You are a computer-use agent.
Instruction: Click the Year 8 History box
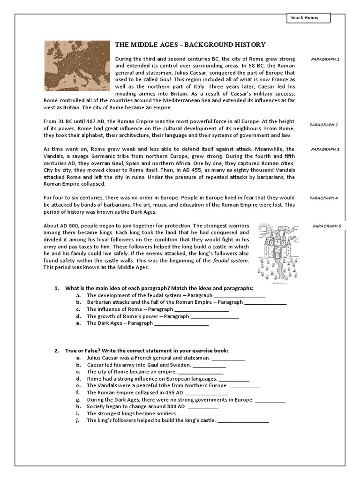[x=308, y=18]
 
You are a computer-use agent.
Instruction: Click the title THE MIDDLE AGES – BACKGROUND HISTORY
[x=190, y=45]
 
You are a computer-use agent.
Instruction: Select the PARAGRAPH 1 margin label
[x=325, y=60]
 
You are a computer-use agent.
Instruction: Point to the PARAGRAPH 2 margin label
[x=323, y=125]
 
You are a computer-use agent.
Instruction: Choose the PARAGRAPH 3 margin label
[x=325, y=150]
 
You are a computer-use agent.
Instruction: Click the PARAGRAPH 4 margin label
[x=323, y=198]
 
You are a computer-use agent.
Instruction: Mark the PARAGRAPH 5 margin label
[x=327, y=226]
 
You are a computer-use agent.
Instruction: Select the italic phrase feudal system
[x=232, y=260]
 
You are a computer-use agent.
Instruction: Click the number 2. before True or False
[x=56, y=351]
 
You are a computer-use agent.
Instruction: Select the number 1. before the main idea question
[x=56, y=288]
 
